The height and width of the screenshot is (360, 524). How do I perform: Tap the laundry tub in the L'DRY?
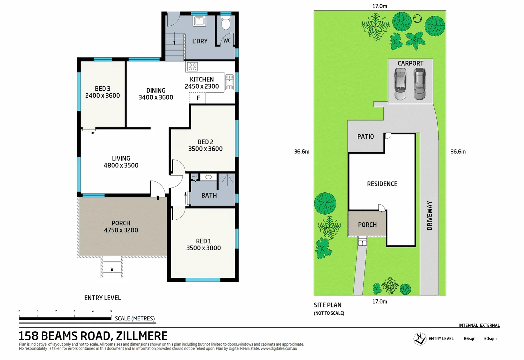pos(199,21)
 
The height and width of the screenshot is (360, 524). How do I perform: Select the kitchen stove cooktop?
pos(192,67)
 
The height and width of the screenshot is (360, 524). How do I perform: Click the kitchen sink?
pos(230,82)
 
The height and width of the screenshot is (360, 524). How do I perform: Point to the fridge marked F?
pos(198,98)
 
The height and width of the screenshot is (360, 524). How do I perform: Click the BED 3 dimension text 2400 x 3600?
pos(103,96)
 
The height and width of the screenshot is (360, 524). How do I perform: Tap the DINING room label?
pos(156,90)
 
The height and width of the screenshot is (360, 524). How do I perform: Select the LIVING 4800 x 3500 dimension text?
pos(121,165)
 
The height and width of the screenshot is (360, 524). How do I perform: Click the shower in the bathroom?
pos(227,180)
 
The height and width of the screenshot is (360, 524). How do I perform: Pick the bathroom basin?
pos(209,177)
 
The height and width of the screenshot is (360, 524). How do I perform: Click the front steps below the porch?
pos(112,267)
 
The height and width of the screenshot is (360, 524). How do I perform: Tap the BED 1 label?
pos(203,241)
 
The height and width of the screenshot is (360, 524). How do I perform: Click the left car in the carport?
pos(400,84)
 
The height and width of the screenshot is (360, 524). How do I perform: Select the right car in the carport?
pos(419,84)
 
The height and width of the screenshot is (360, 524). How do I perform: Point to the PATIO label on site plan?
pos(365,137)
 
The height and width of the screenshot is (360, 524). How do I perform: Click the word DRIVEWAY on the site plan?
pos(429,216)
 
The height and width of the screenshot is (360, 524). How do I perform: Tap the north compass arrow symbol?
pos(420,339)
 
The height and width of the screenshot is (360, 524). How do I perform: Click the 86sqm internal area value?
pos(470,339)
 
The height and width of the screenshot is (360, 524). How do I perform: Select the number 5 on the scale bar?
pos(111,311)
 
